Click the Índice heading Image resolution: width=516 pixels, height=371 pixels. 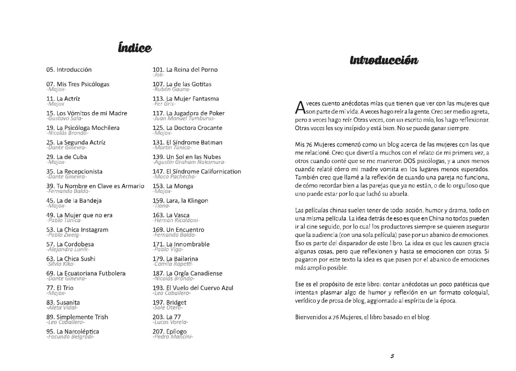(134, 48)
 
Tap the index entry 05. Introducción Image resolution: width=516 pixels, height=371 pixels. (69, 70)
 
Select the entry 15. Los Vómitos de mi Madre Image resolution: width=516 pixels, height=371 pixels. (87, 113)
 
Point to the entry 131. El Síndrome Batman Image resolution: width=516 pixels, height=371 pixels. (188, 143)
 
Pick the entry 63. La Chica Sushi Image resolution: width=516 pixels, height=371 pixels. (71, 259)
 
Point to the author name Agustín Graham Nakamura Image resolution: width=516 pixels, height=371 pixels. (189, 162)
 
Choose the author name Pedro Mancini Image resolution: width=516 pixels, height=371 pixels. (173, 336)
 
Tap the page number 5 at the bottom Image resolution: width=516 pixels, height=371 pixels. (392, 356)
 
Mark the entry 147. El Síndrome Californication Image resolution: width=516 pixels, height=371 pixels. (197, 171)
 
